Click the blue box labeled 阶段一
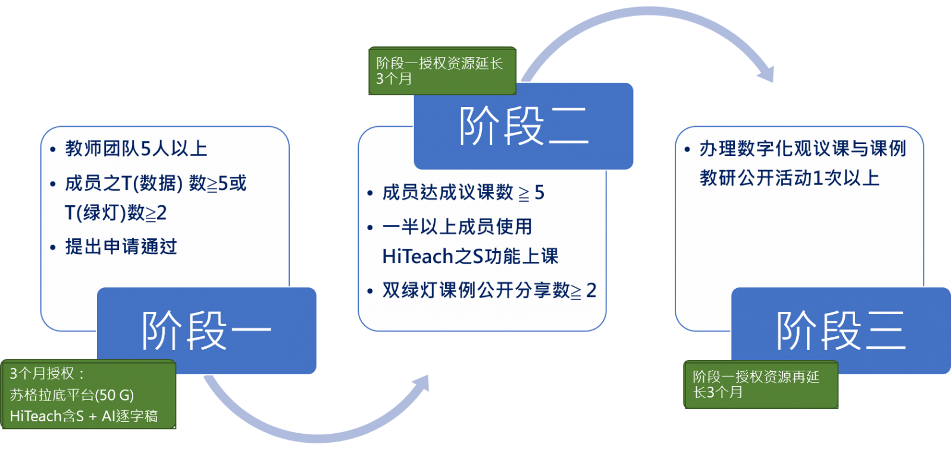(x=206, y=330)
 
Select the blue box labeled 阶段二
(x=524, y=126)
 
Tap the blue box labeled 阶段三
(x=841, y=330)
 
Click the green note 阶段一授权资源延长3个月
(x=441, y=71)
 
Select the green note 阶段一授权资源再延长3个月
(x=760, y=384)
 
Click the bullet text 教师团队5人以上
(x=136, y=148)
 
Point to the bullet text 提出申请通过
(x=121, y=246)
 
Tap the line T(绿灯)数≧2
(x=115, y=212)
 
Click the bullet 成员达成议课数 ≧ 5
(x=463, y=192)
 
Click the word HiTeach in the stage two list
(x=417, y=256)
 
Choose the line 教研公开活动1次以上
(x=789, y=177)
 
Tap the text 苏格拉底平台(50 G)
(x=72, y=395)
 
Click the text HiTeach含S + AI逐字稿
(x=84, y=416)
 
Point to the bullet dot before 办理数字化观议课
(x=688, y=149)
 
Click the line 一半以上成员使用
(x=457, y=226)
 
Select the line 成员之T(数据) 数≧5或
(x=156, y=183)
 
